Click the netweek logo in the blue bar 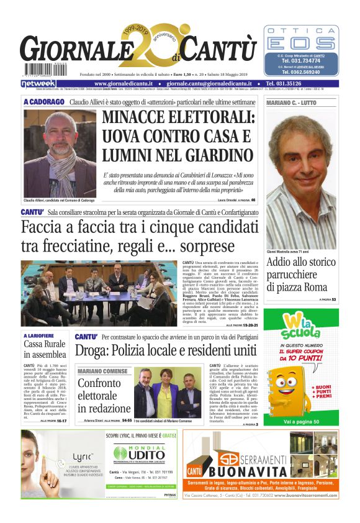38,83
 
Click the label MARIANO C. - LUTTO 291,102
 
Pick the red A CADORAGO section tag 43,101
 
